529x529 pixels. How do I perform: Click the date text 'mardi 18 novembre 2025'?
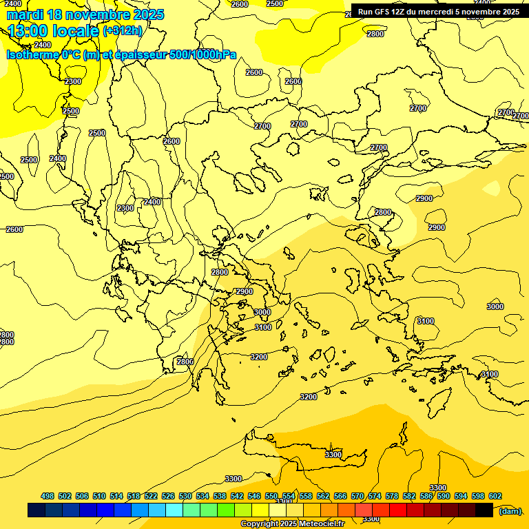coord(85,14)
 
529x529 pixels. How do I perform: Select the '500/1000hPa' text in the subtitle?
coord(203,54)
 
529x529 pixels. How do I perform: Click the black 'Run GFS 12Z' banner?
coord(439,12)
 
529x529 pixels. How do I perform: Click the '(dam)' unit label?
coord(510,510)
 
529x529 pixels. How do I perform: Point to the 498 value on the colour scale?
coord(48,496)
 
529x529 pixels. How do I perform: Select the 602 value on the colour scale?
coord(495,496)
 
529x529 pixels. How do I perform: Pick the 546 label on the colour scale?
coord(254,496)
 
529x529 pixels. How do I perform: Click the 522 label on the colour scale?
coord(151,496)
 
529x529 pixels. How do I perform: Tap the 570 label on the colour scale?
coord(357,496)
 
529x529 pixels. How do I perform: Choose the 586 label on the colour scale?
coord(426,496)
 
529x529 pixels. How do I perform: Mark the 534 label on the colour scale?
coord(203,496)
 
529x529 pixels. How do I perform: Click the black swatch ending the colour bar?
coord(484,510)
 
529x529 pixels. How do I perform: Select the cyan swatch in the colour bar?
coord(174,510)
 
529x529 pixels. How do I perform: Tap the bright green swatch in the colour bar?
coord(226,510)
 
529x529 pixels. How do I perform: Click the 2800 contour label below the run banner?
coord(375,34)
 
